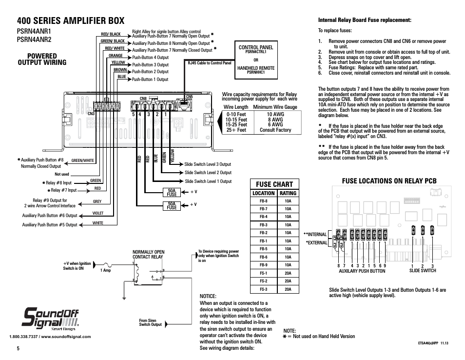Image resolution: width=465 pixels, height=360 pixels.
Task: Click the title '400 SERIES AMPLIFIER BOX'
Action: [70, 20]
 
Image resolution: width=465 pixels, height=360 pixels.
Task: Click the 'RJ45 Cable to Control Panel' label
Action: [210, 63]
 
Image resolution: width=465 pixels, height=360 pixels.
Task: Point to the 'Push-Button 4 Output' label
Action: [150, 58]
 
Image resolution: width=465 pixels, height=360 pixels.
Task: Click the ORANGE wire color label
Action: [116, 56]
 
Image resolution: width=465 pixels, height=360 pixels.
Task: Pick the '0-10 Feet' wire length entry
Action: [236, 115]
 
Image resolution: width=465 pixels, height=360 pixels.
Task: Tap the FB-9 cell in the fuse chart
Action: [263, 265]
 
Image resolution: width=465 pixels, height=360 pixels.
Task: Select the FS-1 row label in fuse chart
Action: [263, 273]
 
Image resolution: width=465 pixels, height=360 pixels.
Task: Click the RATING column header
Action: [288, 193]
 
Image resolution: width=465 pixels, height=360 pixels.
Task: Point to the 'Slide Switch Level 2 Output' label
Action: [208, 173]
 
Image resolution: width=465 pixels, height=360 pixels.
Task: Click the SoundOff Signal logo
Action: [51, 319]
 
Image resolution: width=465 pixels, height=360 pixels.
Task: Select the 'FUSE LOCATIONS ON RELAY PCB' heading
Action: [383, 181]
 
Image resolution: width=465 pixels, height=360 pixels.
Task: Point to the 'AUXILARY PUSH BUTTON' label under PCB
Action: [362, 271]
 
